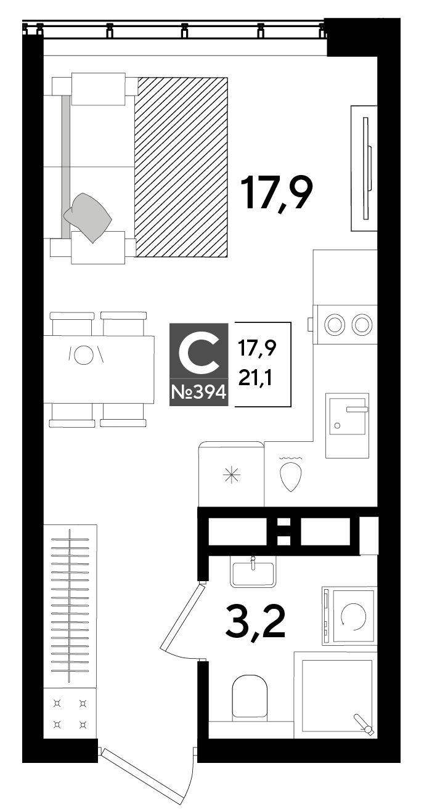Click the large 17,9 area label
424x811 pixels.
[277, 194]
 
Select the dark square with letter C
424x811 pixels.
[199, 364]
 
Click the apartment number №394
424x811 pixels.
[199, 392]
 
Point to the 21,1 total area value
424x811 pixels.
[255, 379]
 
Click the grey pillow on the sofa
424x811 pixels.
[88, 218]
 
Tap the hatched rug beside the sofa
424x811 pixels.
[181, 167]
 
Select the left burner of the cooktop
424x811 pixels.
[334, 324]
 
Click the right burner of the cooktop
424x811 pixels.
[362, 324]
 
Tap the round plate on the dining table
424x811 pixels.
[84, 355]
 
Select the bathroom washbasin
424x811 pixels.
[253, 574]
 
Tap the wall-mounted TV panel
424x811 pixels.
[366, 168]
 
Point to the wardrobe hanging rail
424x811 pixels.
[70, 606]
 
